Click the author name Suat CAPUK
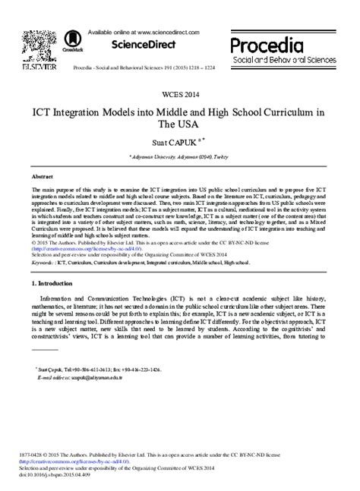coord(176,141)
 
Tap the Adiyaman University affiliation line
coord(180,154)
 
